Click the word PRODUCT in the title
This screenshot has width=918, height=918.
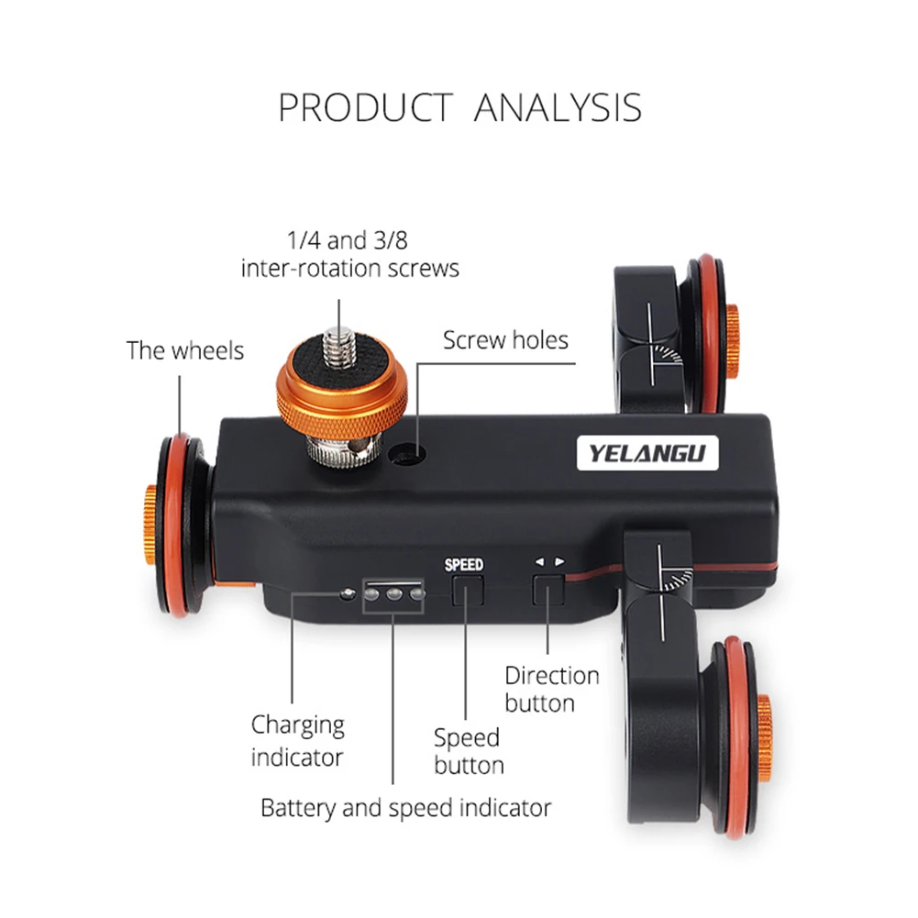(x=365, y=108)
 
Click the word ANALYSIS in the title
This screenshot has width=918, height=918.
(x=558, y=108)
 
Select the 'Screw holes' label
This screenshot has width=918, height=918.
(x=505, y=340)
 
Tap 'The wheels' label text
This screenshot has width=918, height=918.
(x=185, y=349)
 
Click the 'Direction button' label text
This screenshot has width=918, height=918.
(x=552, y=690)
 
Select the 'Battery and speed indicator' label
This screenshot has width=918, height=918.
(x=406, y=808)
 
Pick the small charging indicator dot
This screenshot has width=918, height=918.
(x=346, y=593)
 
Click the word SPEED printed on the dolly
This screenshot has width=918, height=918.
(x=464, y=565)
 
